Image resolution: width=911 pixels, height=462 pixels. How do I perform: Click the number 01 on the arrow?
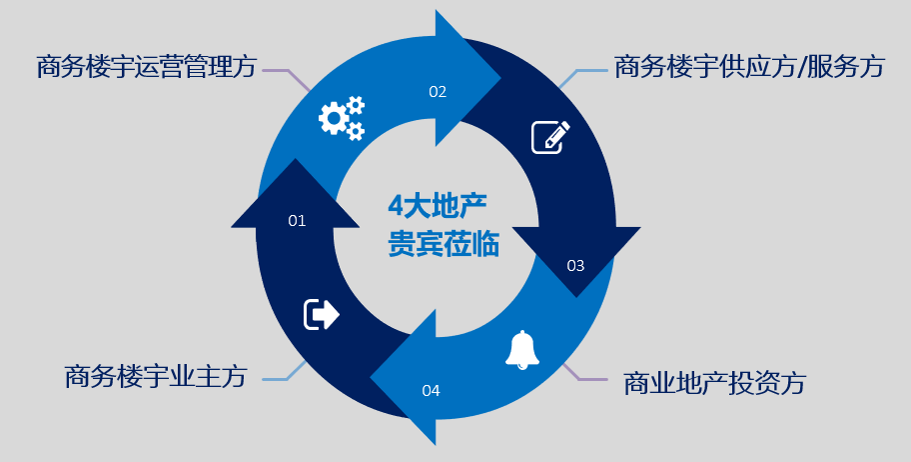[x=297, y=221]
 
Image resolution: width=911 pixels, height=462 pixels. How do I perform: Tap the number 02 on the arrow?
[x=438, y=92]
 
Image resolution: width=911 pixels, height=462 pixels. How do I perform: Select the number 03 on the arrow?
[x=575, y=266]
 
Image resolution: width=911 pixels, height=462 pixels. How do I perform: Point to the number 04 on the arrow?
[x=431, y=390]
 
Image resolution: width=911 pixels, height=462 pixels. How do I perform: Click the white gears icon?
[x=341, y=117]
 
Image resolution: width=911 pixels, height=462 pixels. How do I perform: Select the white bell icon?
[x=522, y=349]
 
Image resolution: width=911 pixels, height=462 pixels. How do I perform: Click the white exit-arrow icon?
[x=322, y=314]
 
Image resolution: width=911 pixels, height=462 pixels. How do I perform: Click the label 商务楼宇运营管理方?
[x=146, y=67]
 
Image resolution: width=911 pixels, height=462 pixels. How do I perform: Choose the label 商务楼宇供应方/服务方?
[x=749, y=67]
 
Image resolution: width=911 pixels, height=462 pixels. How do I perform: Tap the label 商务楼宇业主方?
[x=155, y=377]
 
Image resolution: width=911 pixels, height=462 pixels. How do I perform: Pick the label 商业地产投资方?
[x=714, y=383]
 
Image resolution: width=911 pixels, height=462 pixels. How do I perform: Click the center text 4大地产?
[x=438, y=207]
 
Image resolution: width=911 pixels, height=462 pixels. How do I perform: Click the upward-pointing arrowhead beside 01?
[x=296, y=195]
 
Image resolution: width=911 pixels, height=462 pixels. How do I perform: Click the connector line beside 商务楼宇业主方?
[x=283, y=372]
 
